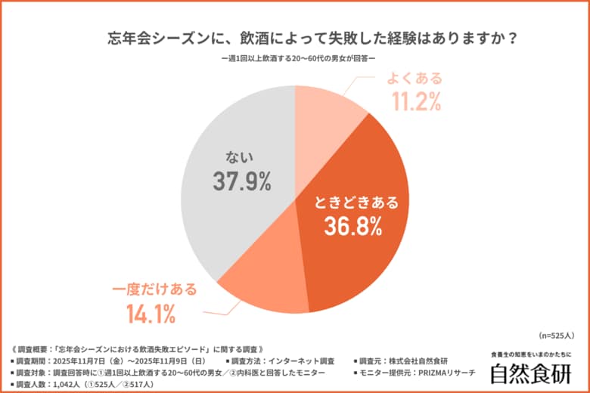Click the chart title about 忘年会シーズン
coord(294,38)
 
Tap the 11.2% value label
coord(415,101)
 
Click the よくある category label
coord(415,79)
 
